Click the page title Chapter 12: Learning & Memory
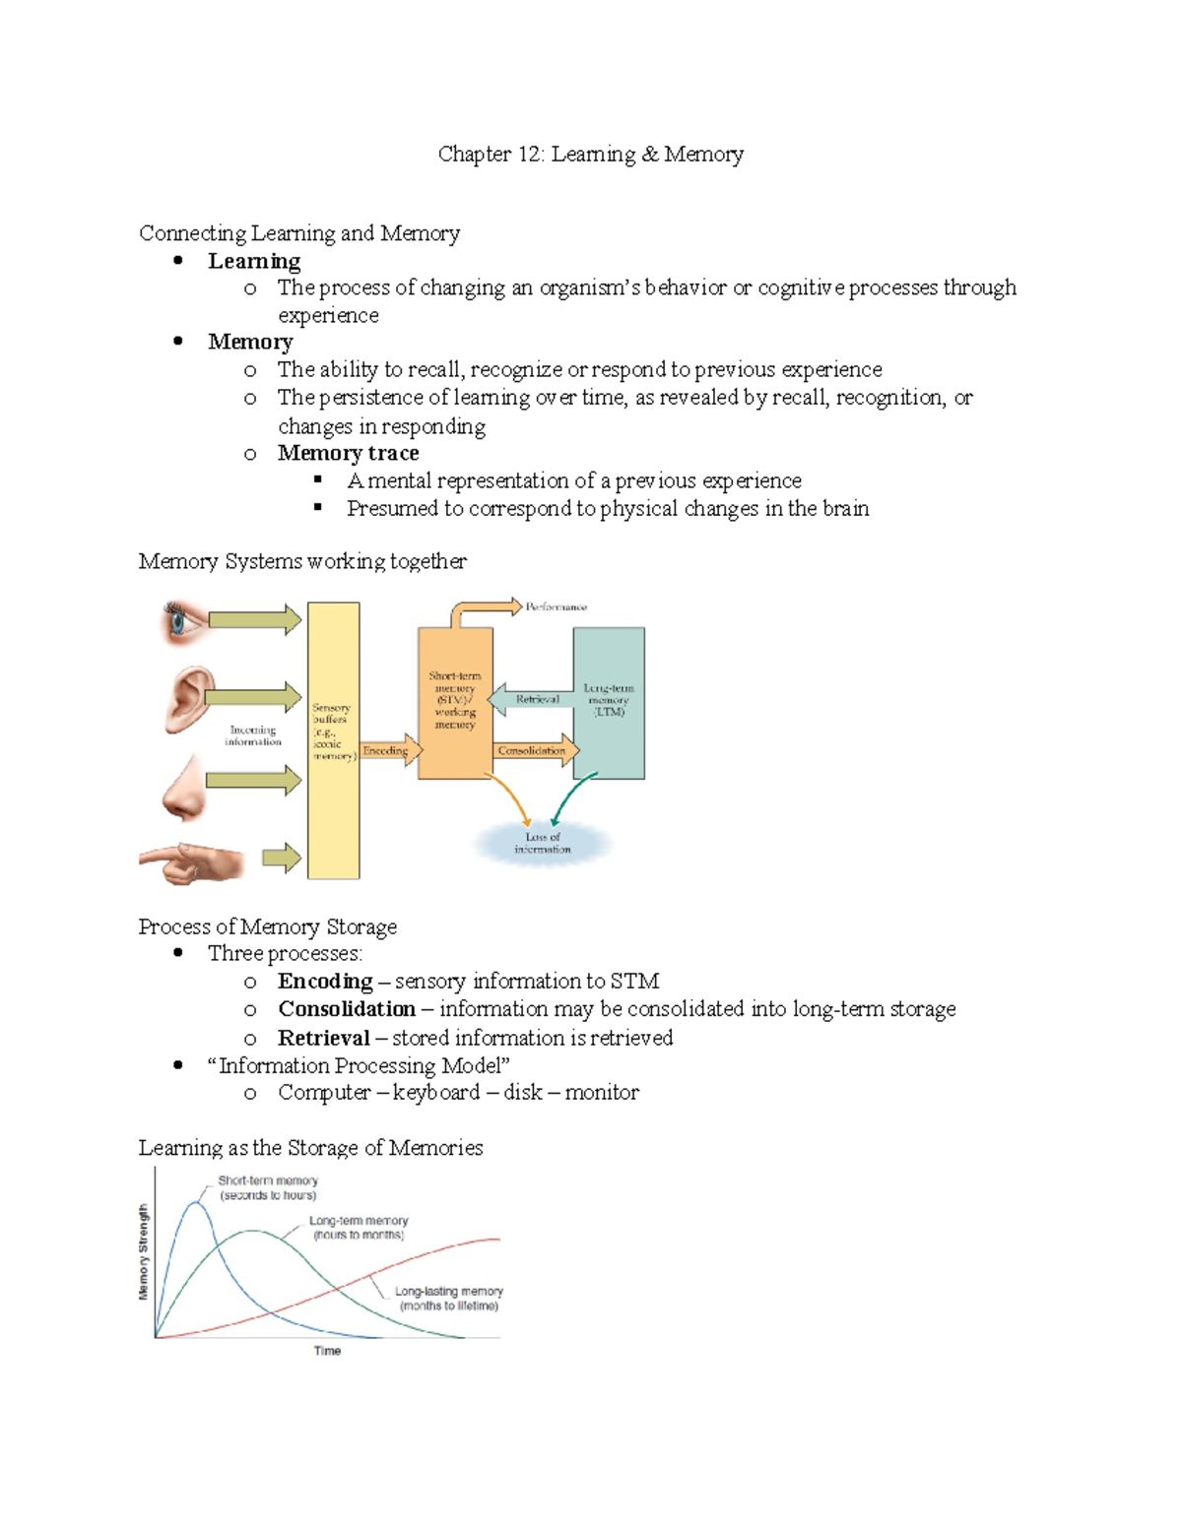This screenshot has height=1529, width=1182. pyautogui.click(x=590, y=155)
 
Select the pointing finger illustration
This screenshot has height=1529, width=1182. pyautogui.click(x=193, y=861)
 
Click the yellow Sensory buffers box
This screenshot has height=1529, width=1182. pyautogui.click(x=333, y=738)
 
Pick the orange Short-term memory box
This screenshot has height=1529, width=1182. pyautogui.click(x=455, y=702)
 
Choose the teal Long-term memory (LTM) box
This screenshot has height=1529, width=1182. pyautogui.click(x=609, y=702)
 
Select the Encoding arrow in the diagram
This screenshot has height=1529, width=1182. pyautogui.click(x=389, y=750)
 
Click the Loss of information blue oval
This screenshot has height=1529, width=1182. pyautogui.click(x=543, y=843)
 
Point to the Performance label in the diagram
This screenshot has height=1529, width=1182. pyautogui.click(x=556, y=607)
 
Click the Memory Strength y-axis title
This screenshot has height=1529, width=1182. pyautogui.click(x=144, y=1251)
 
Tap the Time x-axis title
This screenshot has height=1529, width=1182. pyautogui.click(x=327, y=1351)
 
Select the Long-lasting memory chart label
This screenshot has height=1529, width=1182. pyautogui.click(x=448, y=1298)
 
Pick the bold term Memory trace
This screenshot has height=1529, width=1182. pyautogui.click(x=348, y=453)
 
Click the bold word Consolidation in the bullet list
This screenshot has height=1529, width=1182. pyautogui.click(x=346, y=1009)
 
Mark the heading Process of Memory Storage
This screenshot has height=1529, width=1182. pyautogui.click(x=268, y=926)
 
